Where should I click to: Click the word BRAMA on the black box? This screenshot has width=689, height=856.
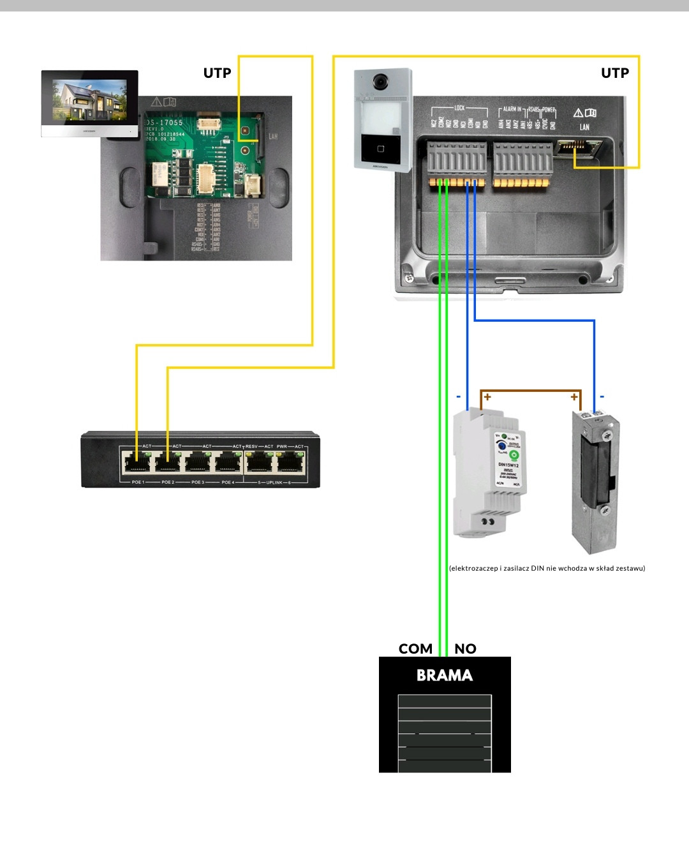click(445, 675)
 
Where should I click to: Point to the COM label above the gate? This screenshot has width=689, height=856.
click(415, 649)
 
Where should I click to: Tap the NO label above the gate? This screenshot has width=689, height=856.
click(465, 649)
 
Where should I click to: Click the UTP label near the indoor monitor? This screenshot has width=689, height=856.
click(217, 73)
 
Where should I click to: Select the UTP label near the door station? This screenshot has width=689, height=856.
click(615, 73)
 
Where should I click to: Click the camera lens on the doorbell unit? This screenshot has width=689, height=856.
click(381, 82)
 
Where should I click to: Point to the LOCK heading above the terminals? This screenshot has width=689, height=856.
click(459, 109)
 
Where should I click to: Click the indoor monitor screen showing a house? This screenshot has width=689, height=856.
click(89, 100)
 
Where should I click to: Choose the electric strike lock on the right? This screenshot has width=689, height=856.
click(596, 482)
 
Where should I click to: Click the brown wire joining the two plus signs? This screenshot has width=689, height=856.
click(531, 390)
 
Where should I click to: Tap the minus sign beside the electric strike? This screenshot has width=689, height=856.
click(602, 396)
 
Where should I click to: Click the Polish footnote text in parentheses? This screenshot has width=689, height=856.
click(547, 568)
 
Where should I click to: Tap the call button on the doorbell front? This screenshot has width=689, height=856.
click(381, 149)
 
